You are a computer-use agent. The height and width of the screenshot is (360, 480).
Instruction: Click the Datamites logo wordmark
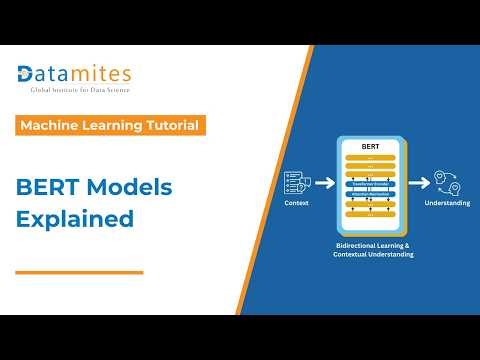point(75,74)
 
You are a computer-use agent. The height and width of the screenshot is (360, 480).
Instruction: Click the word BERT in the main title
point(48,189)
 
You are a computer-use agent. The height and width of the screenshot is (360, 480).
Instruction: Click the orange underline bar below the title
point(80,271)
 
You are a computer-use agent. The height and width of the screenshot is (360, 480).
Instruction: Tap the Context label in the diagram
point(297,203)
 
